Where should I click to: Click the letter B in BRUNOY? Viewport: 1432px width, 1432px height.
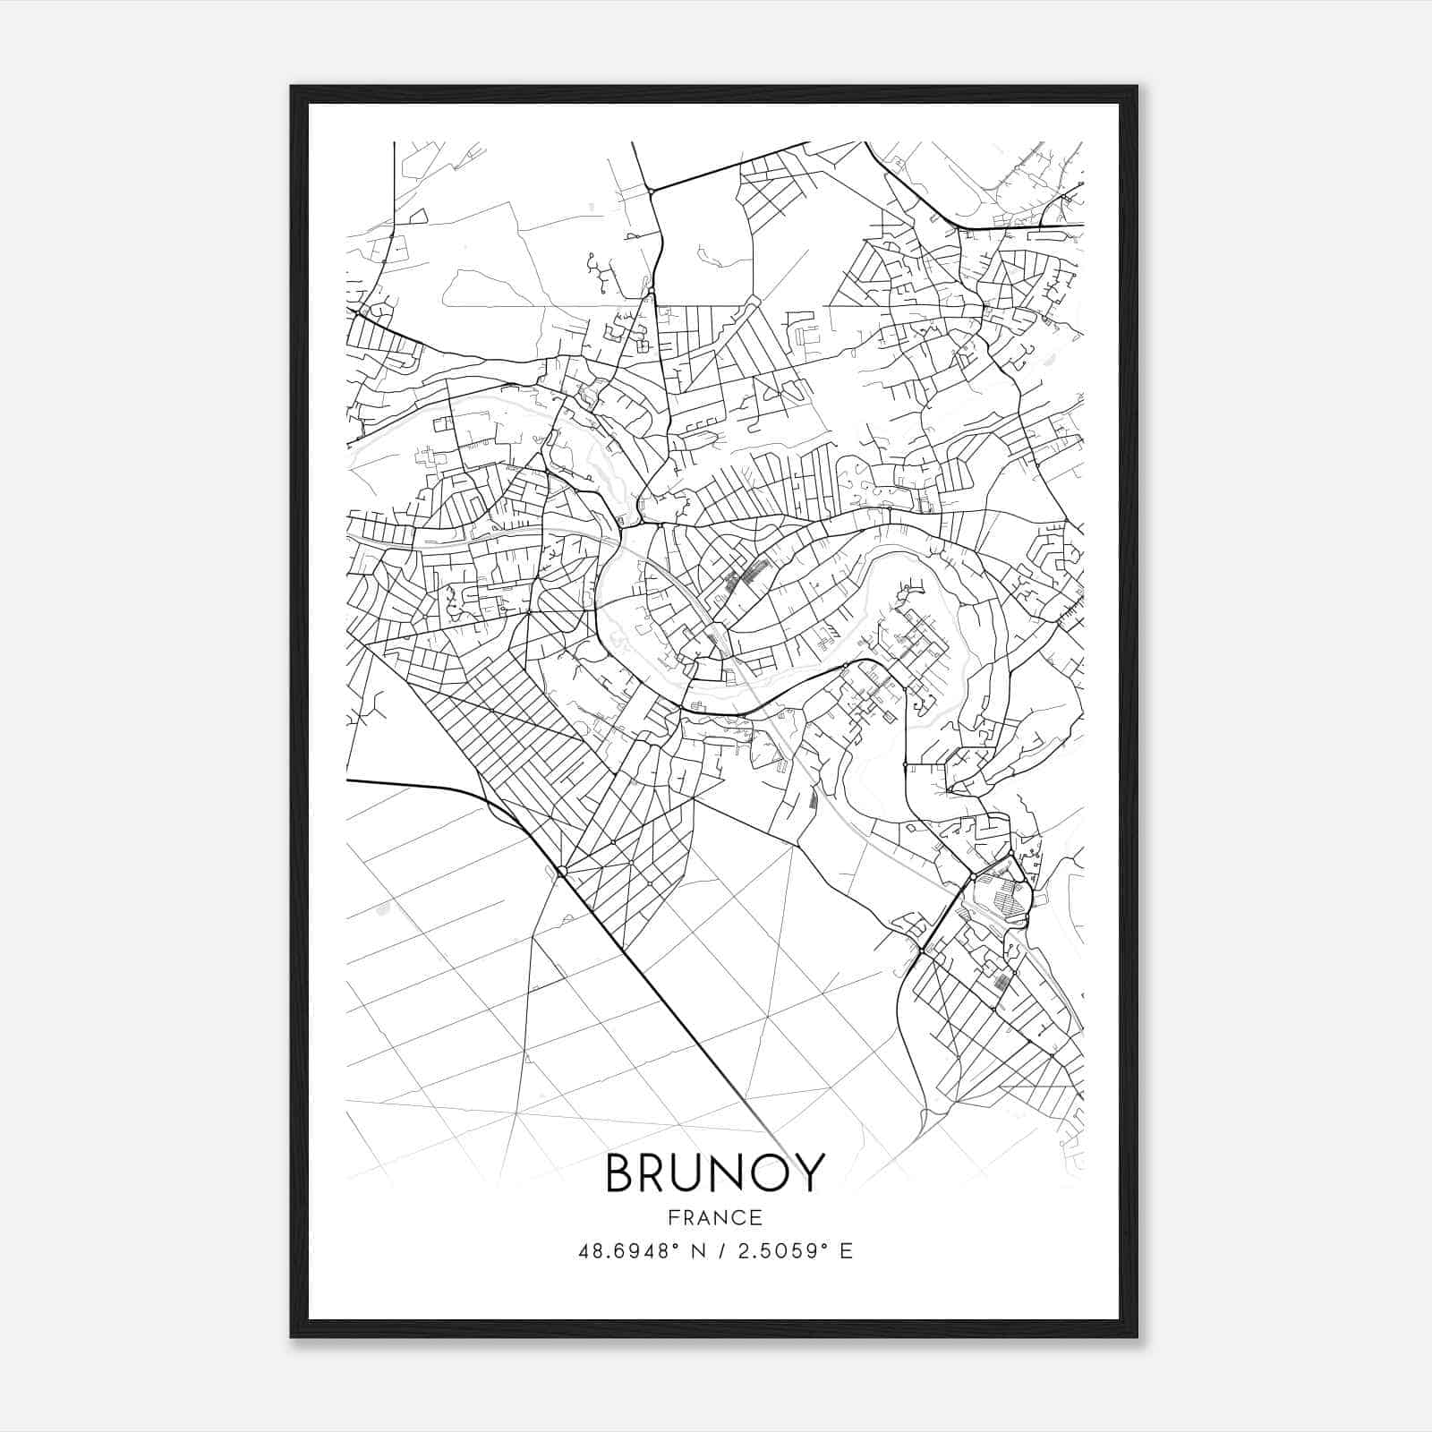[x=623, y=1173]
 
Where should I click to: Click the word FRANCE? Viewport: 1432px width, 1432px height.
[x=715, y=1217]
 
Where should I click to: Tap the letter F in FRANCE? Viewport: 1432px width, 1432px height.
[x=673, y=1217]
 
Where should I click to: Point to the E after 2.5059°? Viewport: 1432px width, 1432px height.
[x=846, y=1251]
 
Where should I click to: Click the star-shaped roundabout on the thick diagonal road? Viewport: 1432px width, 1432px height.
[x=561, y=870]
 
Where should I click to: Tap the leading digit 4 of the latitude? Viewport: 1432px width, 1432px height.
[x=584, y=1251]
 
